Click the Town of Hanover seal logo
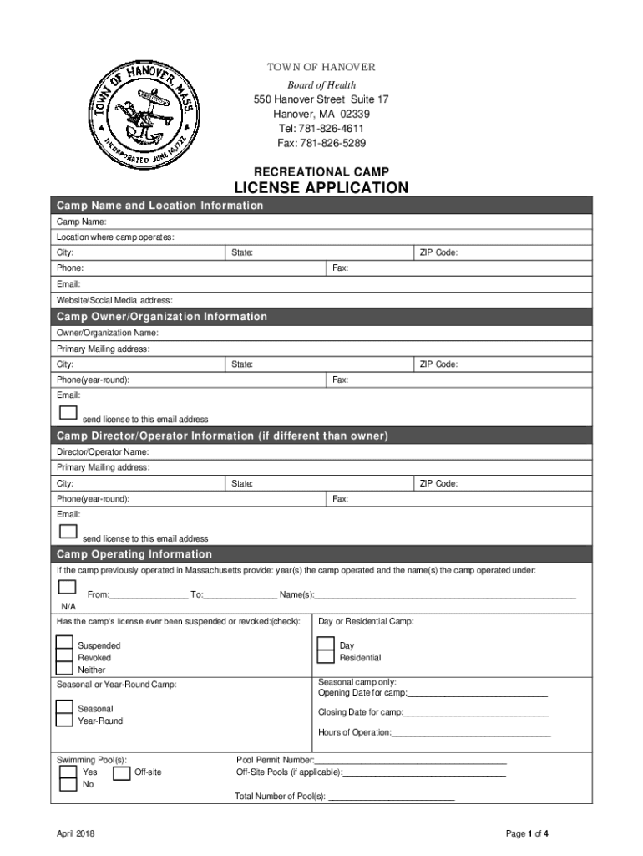pyautogui.click(x=146, y=114)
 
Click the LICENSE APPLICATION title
pyautogui.click(x=321, y=188)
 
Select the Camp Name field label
pyautogui.click(x=81, y=222)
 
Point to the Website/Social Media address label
pyautogui.click(x=114, y=300)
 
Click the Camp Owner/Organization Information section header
pyautogui.click(x=162, y=317)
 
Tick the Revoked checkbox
pyautogui.click(x=64, y=656)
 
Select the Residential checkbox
pyautogui.click(x=326, y=656)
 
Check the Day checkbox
pyautogui.click(x=326, y=644)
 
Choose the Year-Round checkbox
pyautogui.click(x=64, y=720)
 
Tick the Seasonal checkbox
pyautogui.click(x=64, y=707)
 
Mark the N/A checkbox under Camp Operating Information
pyautogui.click(x=68, y=587)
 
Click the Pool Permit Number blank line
pyautogui.click(x=410, y=760)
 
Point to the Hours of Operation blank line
pyautogui.click(x=471, y=732)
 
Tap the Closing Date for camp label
pyautogui.click(x=360, y=712)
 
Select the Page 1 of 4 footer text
pyautogui.click(x=526, y=833)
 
